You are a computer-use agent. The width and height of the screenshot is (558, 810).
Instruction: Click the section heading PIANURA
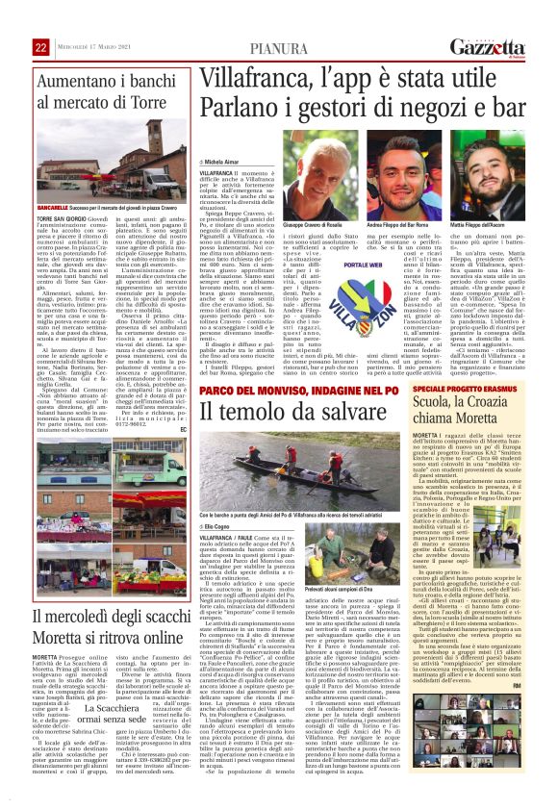click(279, 48)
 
